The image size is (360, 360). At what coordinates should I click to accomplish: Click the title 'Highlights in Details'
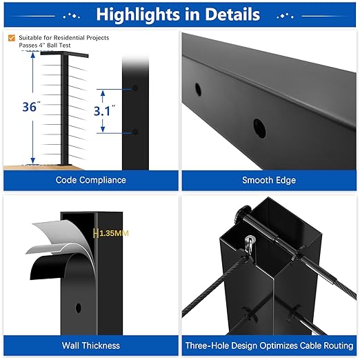178,14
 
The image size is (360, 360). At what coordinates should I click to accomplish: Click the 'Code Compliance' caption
91,180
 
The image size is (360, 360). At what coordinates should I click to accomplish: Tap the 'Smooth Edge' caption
268,180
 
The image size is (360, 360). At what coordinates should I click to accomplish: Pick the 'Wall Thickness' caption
91,346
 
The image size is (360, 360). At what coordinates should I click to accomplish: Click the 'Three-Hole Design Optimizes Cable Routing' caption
268,346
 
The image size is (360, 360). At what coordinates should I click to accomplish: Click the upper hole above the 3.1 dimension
135,89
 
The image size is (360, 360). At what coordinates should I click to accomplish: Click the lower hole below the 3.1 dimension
135,132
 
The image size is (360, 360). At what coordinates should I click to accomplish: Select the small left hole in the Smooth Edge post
199,89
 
